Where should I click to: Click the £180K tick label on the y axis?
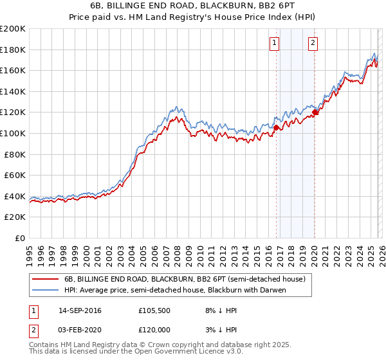click(13, 50)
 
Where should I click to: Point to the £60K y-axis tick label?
click(15, 175)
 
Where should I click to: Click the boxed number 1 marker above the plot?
click(274, 43)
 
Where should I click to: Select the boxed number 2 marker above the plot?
click(313, 43)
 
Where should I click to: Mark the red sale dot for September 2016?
click(276, 127)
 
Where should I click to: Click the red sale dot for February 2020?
click(315, 113)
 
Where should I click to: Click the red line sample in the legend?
click(46, 279)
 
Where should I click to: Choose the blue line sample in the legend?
click(46, 290)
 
